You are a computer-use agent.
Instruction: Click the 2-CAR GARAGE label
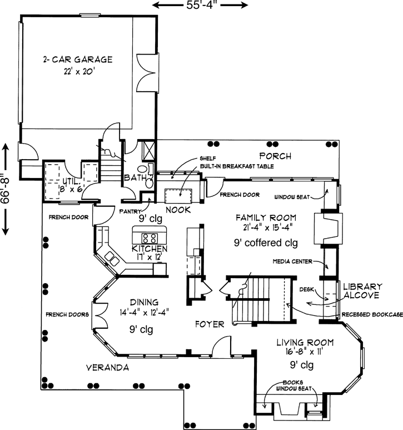coord(78,60)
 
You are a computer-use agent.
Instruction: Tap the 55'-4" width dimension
coord(200,4)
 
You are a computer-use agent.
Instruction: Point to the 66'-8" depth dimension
coord(5,190)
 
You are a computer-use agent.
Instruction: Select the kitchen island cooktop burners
coord(150,238)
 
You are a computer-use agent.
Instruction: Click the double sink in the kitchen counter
coord(112,259)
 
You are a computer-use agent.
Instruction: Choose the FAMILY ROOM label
coord(266,218)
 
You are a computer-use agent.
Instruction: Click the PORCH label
coord(275,156)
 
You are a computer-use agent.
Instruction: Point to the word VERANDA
coord(107,368)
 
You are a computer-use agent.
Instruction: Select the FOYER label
coord(210,324)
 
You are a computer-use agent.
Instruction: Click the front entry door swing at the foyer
coord(222,346)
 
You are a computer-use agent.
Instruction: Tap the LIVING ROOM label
coord(305,343)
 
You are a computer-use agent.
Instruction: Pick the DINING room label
coord(144,302)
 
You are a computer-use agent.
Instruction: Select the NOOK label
coord(178,210)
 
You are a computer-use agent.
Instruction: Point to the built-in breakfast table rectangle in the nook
coord(178,196)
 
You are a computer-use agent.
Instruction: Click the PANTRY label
coord(130,211)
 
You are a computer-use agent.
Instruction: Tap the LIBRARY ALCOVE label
coord(362,291)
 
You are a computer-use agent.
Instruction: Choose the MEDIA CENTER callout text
coord(292,261)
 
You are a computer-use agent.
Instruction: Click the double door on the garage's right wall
coord(148,73)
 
